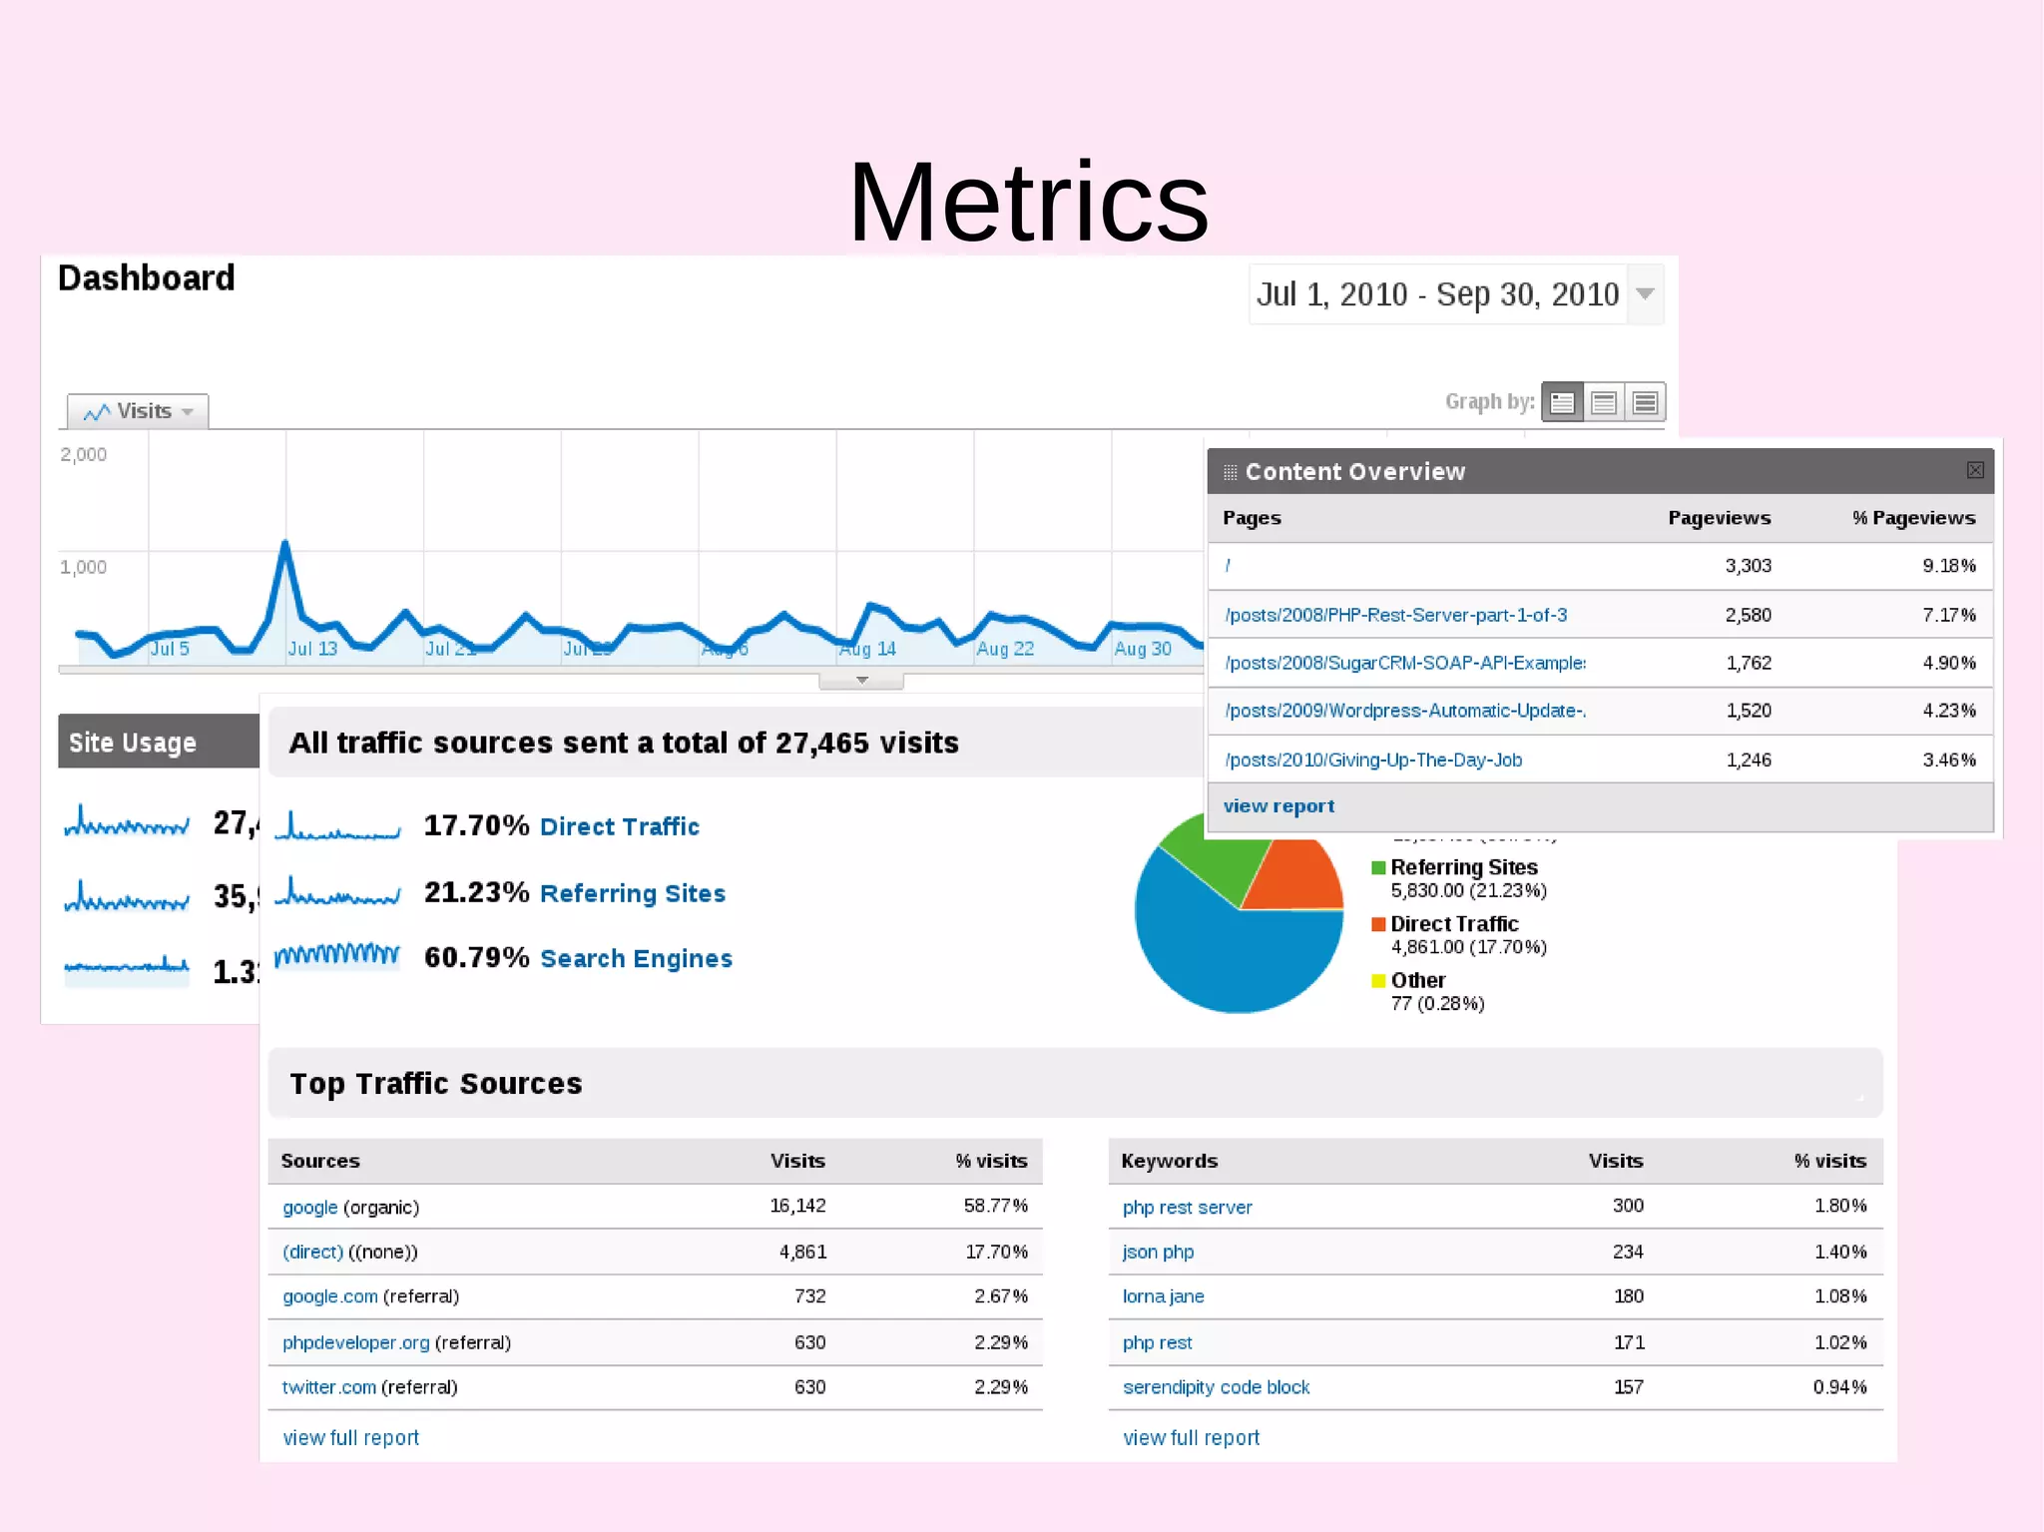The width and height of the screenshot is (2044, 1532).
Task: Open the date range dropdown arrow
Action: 1645,293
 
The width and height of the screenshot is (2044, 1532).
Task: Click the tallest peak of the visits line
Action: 285,544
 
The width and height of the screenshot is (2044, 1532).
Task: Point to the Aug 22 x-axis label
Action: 1004,649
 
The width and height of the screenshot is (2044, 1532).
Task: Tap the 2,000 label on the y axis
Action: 83,455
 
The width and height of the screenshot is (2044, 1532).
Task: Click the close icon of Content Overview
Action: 1974,470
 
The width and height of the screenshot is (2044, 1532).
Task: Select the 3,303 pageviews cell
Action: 1748,566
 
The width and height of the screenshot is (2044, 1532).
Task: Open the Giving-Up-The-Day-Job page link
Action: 1373,760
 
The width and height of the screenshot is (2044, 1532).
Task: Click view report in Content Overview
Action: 1278,806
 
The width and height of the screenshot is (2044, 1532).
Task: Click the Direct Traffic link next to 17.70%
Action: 619,826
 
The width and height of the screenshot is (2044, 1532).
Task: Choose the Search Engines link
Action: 636,958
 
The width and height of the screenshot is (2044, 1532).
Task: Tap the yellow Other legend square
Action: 1378,981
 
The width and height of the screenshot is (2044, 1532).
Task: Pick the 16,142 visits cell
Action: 797,1206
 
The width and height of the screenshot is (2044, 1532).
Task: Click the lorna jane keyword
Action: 1163,1296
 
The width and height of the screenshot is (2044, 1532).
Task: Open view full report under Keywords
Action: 1191,1438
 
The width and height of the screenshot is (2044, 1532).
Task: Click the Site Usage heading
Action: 132,743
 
